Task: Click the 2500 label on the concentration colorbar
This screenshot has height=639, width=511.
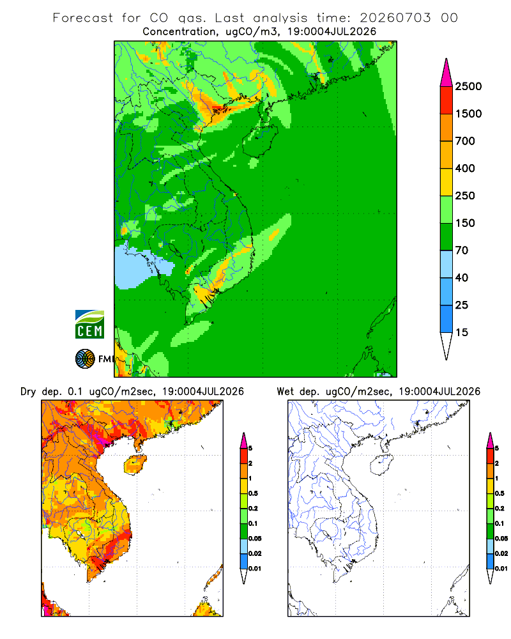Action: (468, 86)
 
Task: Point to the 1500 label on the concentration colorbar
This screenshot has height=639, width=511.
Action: (468, 114)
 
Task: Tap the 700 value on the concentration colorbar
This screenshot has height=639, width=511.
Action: (465, 141)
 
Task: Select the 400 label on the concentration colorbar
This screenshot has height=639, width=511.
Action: (465, 168)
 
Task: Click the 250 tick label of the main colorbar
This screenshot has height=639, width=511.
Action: (465, 196)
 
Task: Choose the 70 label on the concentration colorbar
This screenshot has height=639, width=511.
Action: (462, 250)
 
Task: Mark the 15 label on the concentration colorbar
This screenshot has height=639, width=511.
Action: (462, 332)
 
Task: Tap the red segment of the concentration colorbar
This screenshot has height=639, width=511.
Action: (446, 100)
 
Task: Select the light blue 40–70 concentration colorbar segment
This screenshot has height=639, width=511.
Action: (446, 264)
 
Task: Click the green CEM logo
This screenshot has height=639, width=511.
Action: (89, 325)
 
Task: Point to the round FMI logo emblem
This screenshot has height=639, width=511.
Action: (85, 359)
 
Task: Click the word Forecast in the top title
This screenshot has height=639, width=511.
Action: (83, 18)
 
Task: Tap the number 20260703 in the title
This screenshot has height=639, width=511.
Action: (395, 18)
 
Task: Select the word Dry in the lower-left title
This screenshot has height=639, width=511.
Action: (28, 392)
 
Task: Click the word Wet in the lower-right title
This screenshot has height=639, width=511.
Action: (285, 392)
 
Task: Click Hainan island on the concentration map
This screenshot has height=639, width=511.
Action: (260, 141)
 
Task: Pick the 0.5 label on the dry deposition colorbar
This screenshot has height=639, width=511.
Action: (253, 493)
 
